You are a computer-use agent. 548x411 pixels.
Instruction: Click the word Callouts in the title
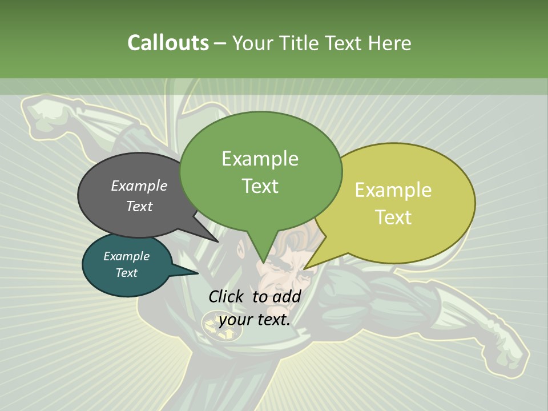pos(168,43)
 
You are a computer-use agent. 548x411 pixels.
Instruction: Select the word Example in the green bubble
pos(260,159)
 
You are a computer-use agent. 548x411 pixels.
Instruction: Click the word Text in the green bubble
pos(260,186)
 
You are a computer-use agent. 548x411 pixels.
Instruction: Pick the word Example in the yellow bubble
pos(393,190)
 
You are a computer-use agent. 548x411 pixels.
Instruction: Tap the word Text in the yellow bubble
pos(393,217)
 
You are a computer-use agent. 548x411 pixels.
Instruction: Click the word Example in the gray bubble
pos(139,186)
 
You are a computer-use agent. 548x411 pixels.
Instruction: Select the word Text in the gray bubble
pos(139,206)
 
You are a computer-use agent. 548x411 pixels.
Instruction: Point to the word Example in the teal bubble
pos(126,256)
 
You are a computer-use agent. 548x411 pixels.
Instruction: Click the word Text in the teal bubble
pos(126,273)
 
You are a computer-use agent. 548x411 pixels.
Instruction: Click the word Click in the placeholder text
pos(226,296)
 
